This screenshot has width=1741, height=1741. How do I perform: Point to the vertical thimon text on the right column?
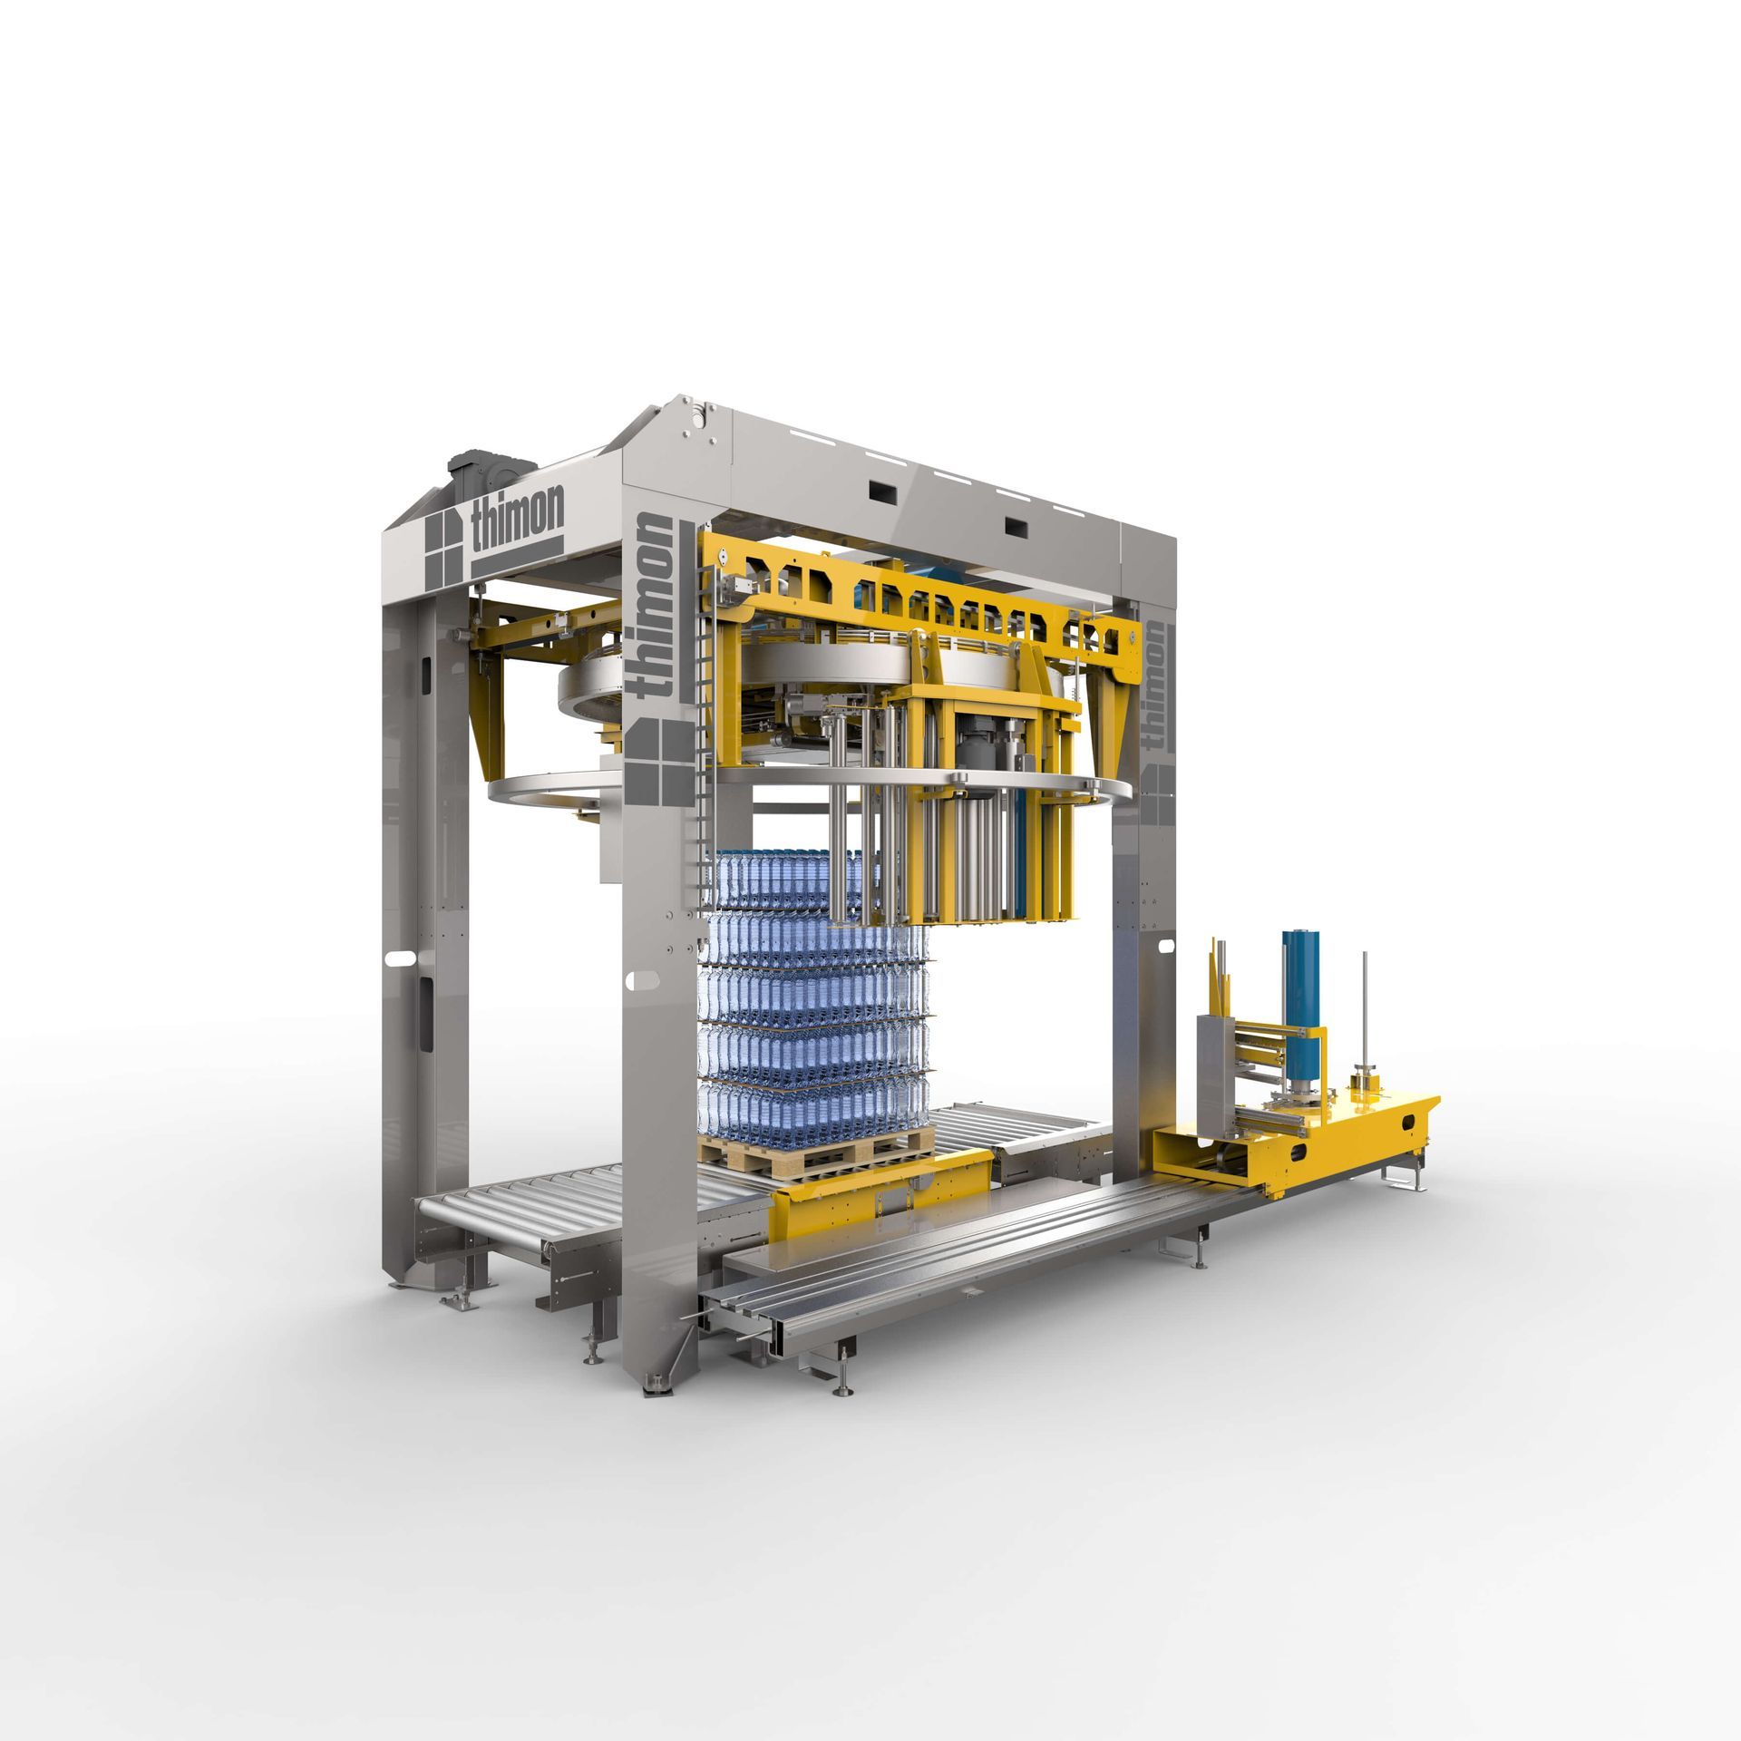pyautogui.click(x=1156, y=672)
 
